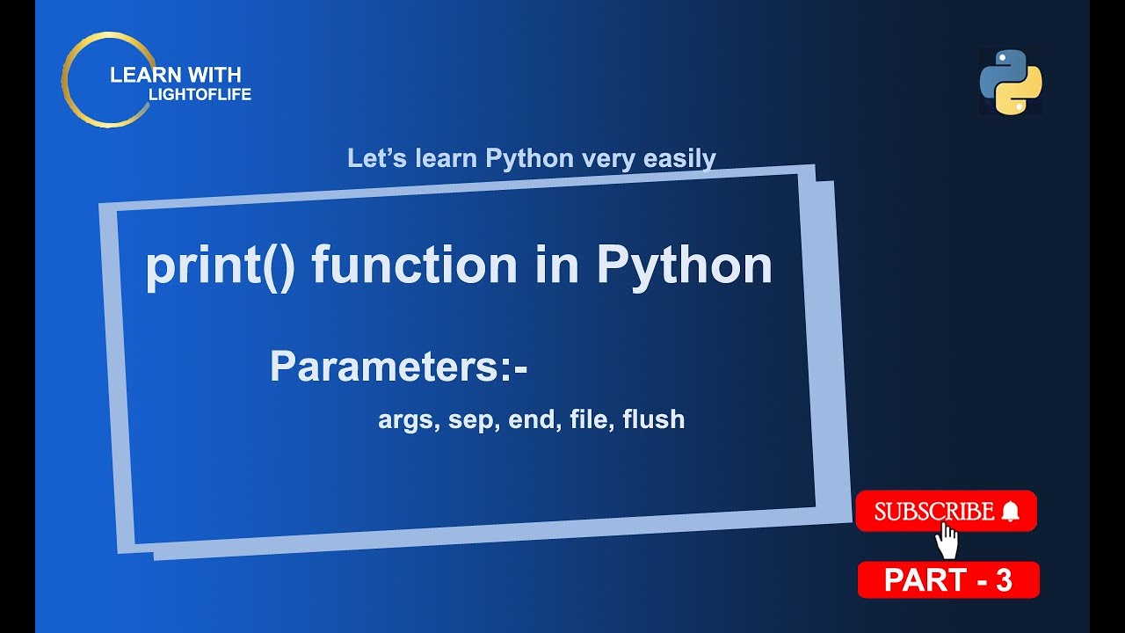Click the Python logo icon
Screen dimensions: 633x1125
1011,82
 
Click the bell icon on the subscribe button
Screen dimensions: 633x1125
1010,512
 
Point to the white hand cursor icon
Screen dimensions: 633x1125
947,542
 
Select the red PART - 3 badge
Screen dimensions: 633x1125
948,580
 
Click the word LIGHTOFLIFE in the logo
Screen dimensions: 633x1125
194,95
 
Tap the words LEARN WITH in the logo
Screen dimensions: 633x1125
175,76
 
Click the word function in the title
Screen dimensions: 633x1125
414,266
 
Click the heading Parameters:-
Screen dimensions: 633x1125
398,367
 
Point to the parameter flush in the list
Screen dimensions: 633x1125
653,420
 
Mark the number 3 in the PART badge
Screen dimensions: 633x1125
1004,580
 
